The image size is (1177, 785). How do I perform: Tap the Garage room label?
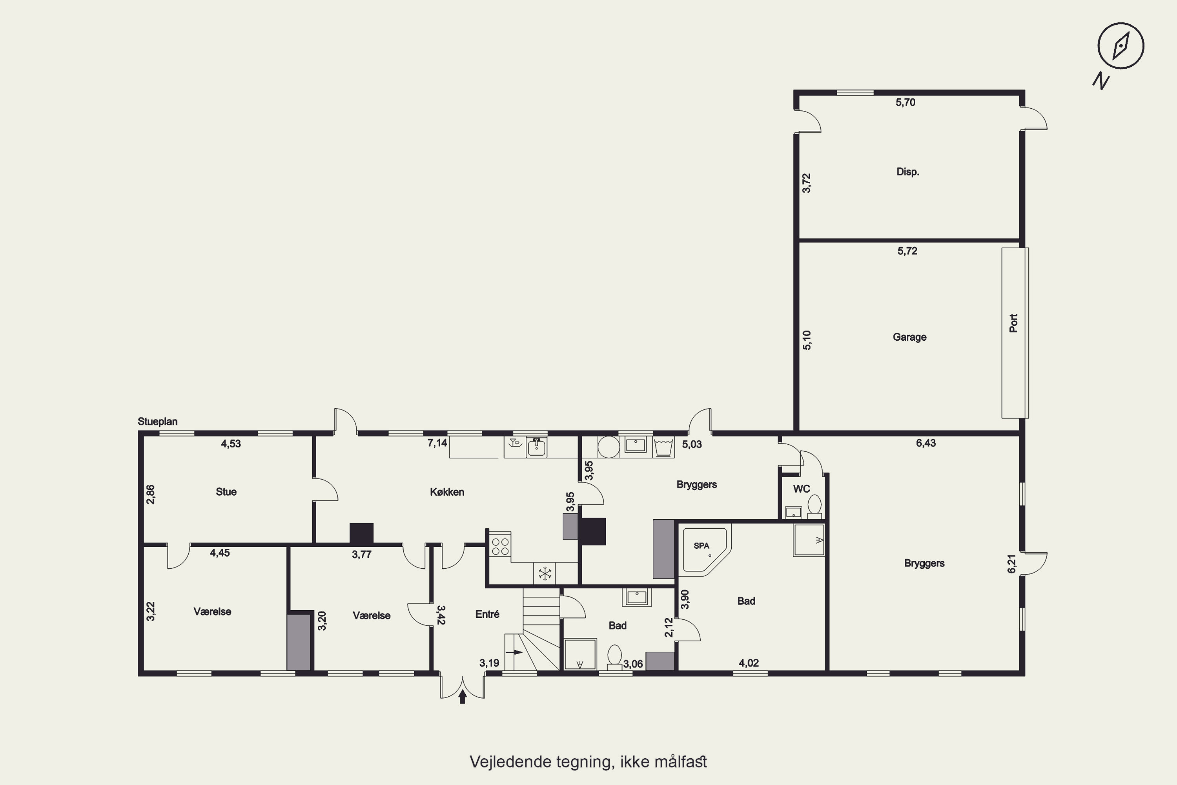[909, 337]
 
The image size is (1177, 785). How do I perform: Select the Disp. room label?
[908, 172]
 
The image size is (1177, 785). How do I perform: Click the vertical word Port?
[1013, 323]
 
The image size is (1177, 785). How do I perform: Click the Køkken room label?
[447, 492]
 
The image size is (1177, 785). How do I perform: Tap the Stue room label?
[226, 492]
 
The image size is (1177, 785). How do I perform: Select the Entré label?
[487, 614]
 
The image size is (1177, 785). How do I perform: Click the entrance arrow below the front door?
[463, 696]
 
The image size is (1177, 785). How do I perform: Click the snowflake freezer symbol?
[545, 573]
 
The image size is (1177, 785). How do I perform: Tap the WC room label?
[801, 489]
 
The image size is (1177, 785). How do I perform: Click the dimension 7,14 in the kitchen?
[437, 443]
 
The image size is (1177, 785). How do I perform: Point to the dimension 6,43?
[926, 443]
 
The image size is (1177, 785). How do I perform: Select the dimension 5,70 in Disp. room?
[905, 102]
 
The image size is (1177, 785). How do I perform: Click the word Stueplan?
[158, 422]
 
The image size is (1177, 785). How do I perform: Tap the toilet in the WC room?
[815, 506]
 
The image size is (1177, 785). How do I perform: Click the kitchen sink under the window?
[536, 447]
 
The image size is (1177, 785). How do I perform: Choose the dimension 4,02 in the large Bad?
[749, 663]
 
